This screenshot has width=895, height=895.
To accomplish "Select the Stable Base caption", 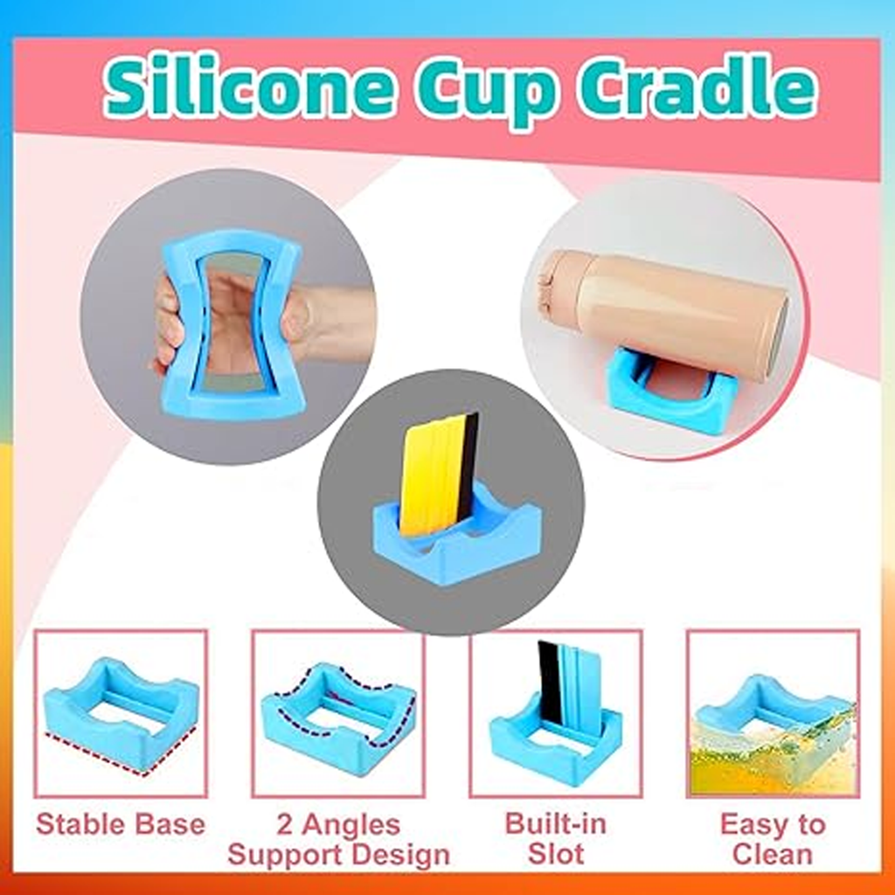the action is click(x=121, y=825).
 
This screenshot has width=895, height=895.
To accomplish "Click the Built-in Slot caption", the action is click(x=555, y=838).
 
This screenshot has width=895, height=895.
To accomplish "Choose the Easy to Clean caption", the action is click(x=773, y=839).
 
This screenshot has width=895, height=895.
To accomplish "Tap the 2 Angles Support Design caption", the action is click(x=338, y=840).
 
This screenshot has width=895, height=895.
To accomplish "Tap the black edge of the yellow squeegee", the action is click(x=471, y=462).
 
